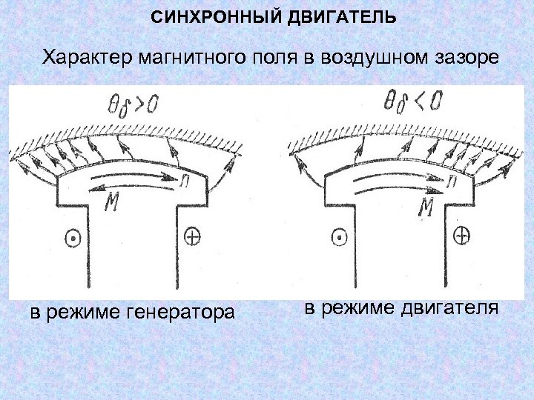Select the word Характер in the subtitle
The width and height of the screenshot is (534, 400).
(85, 58)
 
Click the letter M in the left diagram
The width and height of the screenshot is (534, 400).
(113, 201)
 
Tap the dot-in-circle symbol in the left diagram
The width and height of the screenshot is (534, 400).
(72, 239)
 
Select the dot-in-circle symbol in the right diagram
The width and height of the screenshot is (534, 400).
(340, 238)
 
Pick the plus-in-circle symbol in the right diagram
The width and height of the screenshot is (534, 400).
(461, 236)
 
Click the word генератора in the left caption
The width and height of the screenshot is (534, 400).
(178, 313)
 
